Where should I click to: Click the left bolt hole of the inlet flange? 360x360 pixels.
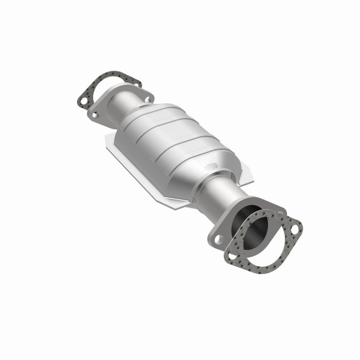95,115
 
